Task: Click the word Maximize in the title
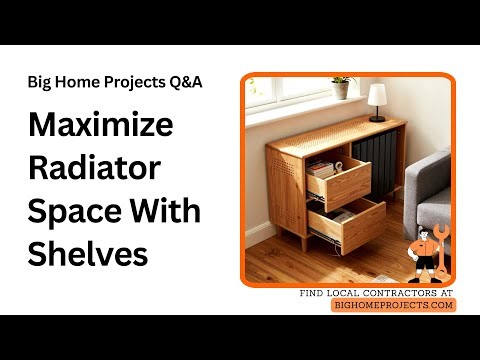[101, 127]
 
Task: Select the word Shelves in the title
[89, 253]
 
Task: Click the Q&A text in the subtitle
[183, 82]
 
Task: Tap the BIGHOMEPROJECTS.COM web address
[393, 305]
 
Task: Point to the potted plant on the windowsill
[341, 87]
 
